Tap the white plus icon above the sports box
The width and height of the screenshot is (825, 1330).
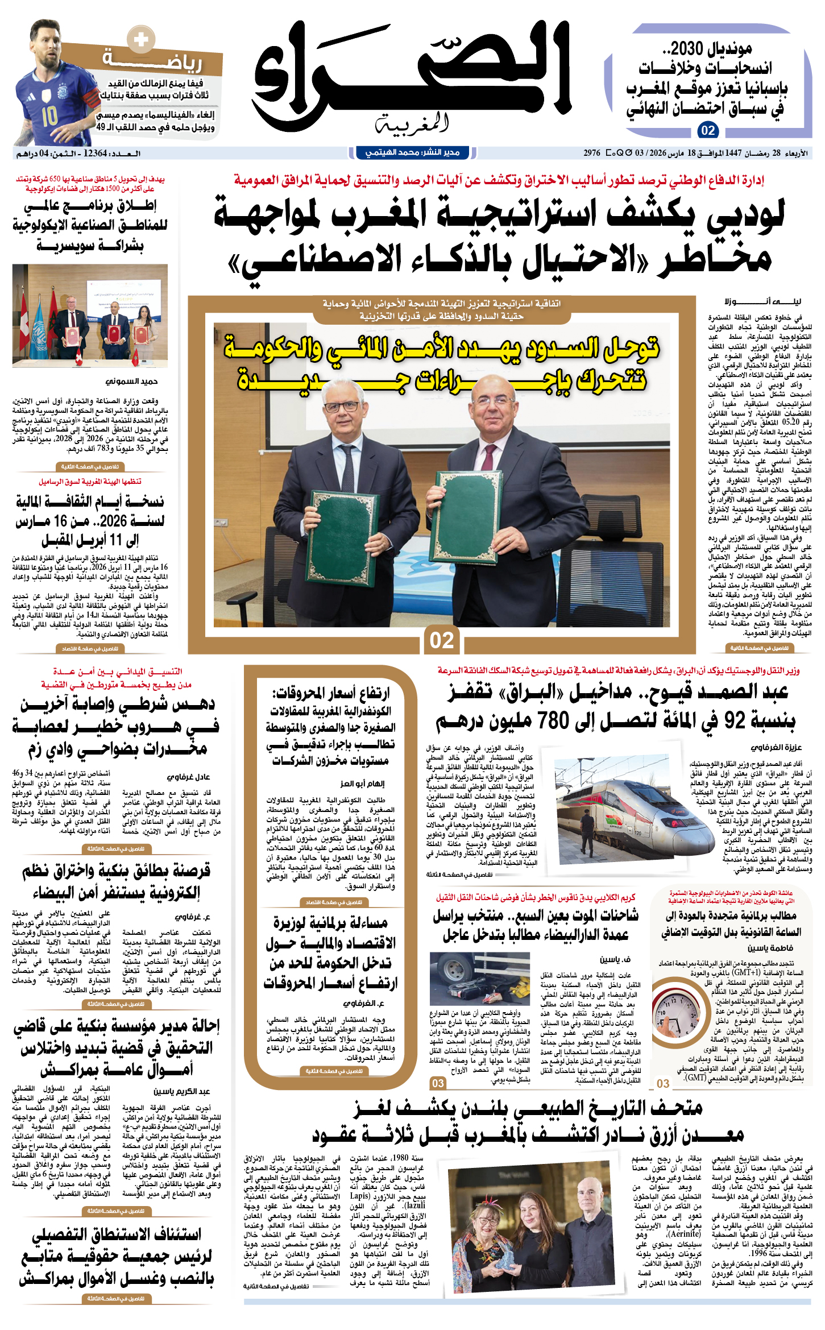tap(140, 40)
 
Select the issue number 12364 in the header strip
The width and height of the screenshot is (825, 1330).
tap(95, 154)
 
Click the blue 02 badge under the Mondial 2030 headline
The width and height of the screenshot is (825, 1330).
tap(708, 130)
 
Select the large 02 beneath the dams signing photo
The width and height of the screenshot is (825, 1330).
tap(442, 640)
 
